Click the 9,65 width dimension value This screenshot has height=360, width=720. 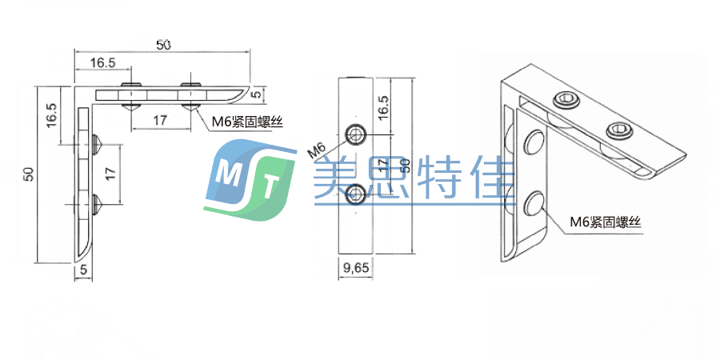(x=355, y=269)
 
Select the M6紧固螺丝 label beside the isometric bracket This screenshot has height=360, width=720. (x=606, y=223)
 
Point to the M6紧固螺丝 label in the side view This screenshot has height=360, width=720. (x=249, y=122)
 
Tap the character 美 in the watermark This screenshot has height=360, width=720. (x=335, y=178)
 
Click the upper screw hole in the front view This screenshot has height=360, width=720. (x=355, y=133)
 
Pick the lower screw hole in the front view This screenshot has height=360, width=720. (x=355, y=193)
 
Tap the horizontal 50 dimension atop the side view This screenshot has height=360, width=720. (x=162, y=46)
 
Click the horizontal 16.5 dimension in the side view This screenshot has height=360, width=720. (x=102, y=62)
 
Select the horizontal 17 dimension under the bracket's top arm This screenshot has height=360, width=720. (x=159, y=120)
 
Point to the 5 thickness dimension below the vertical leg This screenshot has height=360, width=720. (x=83, y=270)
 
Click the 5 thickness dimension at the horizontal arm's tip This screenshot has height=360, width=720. (x=255, y=94)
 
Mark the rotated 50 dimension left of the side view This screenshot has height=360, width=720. (x=28, y=173)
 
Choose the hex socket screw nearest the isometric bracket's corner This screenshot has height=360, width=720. (x=566, y=102)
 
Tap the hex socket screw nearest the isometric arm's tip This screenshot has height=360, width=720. (x=619, y=129)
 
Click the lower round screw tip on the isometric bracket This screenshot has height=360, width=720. (x=534, y=205)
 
